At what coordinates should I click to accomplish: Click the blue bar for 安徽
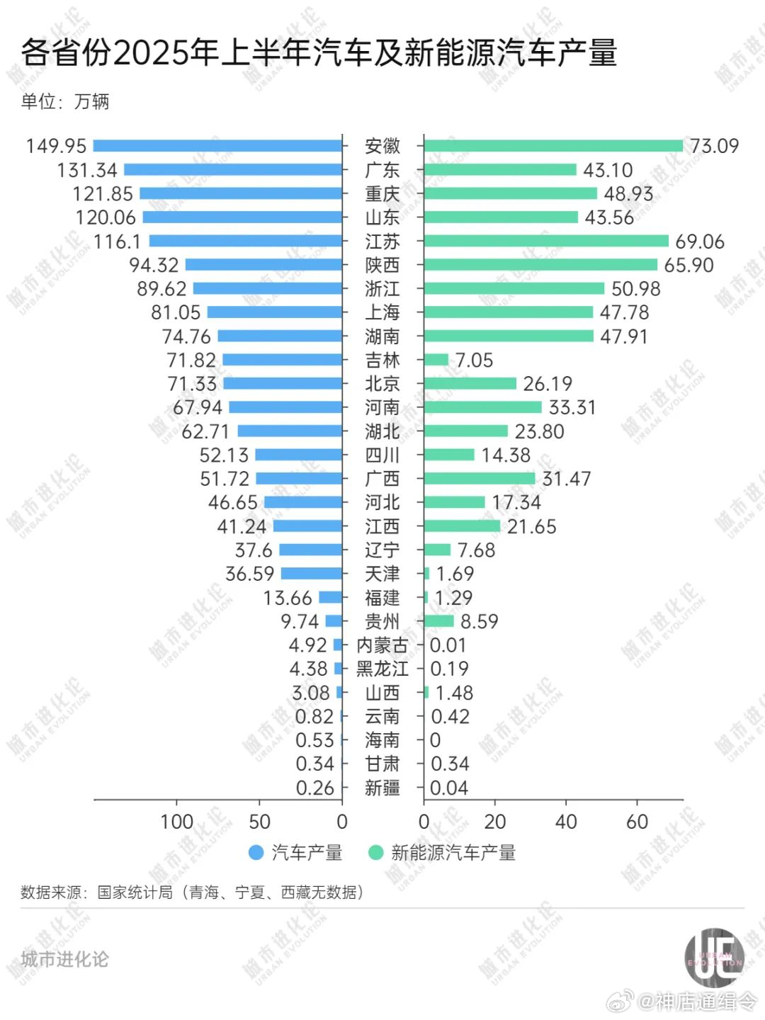tap(217, 146)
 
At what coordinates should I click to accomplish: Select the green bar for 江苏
tap(545, 241)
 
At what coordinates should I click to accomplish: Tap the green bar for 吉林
tap(436, 360)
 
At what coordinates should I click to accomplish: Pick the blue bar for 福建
tap(330, 597)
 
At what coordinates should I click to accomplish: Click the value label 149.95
tap(56, 146)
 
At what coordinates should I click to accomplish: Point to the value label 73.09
tap(714, 146)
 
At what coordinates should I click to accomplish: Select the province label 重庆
tap(382, 193)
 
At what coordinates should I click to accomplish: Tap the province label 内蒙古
tap(382, 645)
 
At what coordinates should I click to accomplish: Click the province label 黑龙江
tap(382, 669)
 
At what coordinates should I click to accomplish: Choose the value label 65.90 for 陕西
tap(688, 265)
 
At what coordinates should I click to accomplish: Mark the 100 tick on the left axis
tap(176, 822)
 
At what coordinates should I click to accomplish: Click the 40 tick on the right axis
tap(566, 822)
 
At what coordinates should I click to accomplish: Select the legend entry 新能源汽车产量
tap(453, 853)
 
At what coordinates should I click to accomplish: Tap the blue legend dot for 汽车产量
tap(256, 853)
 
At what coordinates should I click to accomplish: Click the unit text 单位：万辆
tap(65, 101)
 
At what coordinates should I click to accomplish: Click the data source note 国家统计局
tap(135, 892)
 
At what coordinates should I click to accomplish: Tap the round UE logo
tap(714, 958)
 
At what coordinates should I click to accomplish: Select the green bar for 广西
tap(480, 478)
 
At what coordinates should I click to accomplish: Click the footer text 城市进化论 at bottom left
tap(64, 959)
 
